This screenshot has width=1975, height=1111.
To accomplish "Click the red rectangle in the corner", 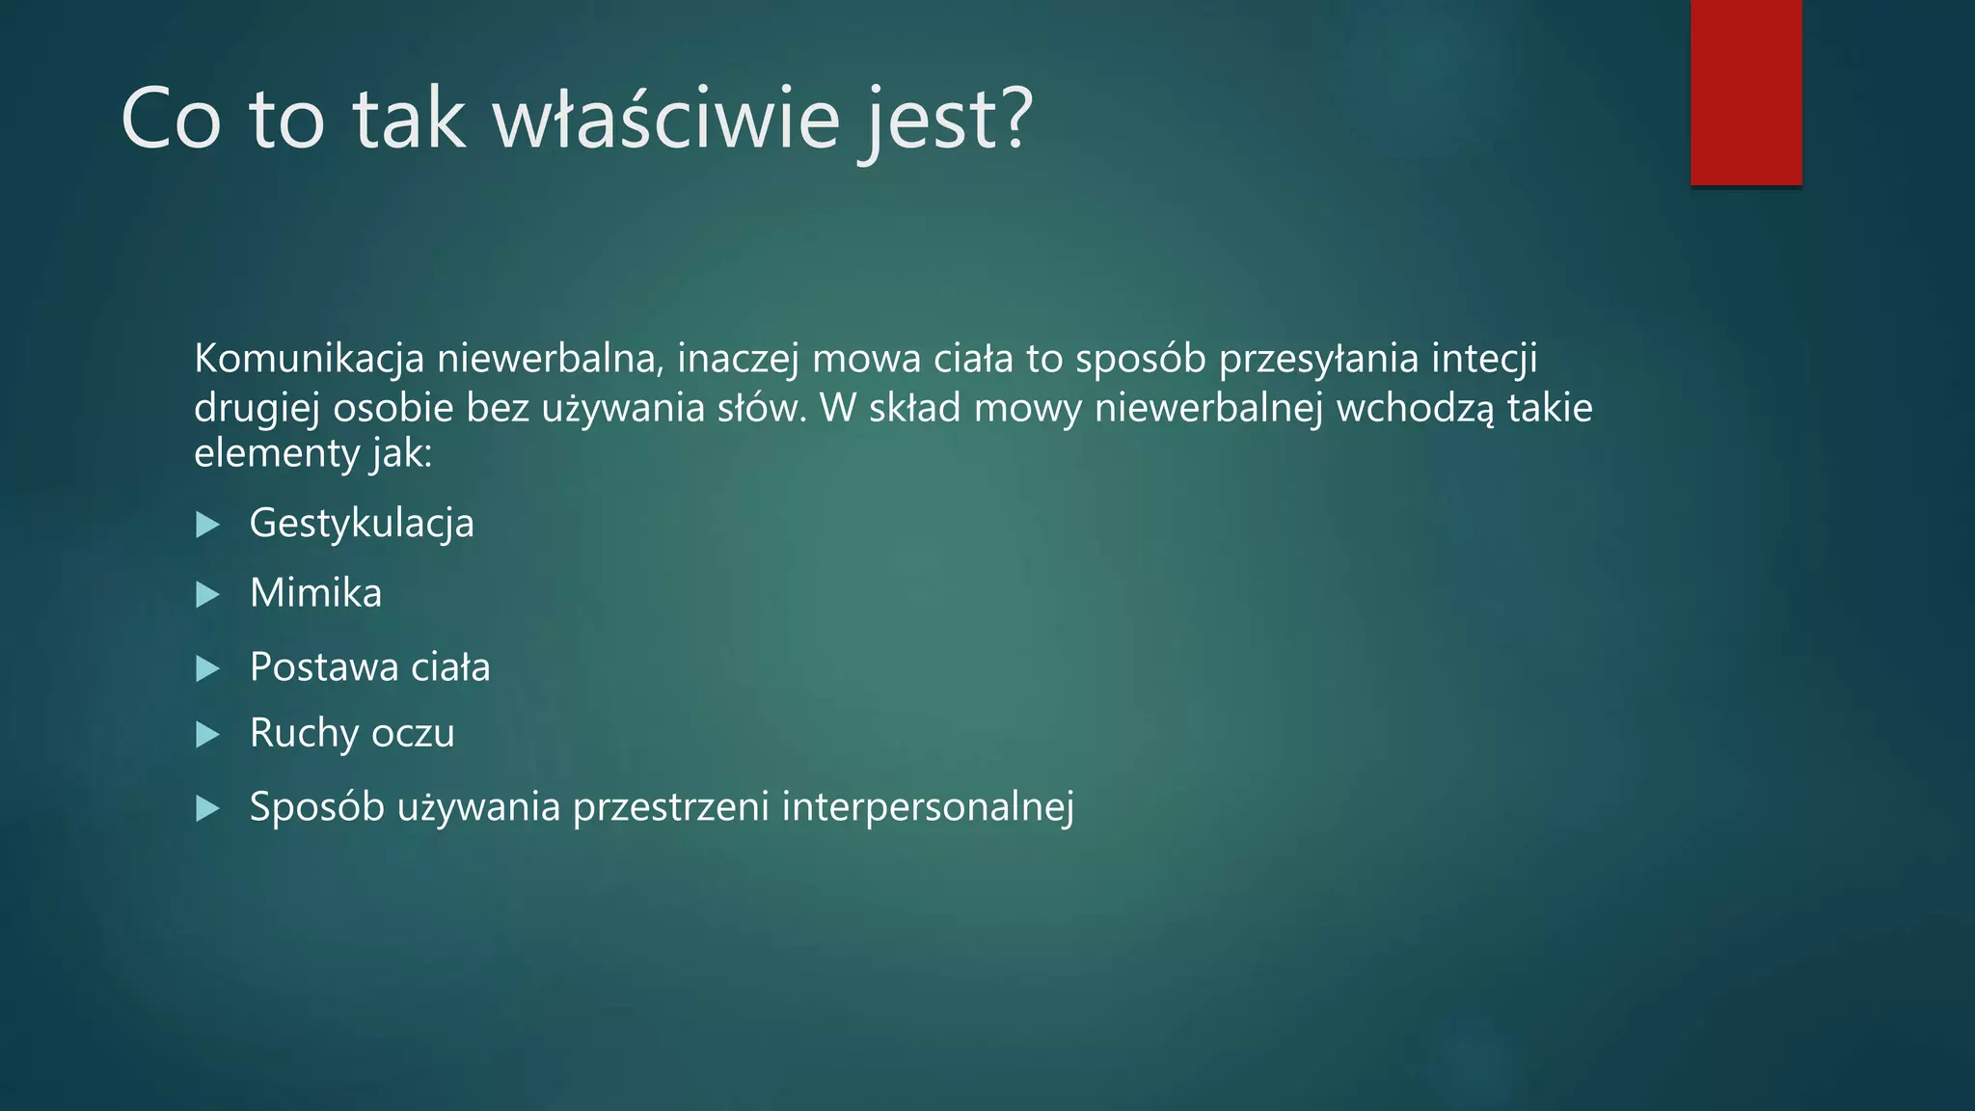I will coord(1745,93).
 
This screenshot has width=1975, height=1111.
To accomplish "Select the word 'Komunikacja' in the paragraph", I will coord(309,359).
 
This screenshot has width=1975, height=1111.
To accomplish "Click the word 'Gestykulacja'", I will coord(362,524).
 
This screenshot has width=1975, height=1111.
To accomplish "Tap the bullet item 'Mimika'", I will coord(315,593).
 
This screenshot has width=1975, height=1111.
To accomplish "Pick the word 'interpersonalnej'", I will coord(928,807).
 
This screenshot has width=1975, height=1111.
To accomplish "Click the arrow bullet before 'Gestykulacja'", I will coord(207,525).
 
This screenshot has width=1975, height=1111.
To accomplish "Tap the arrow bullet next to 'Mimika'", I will coord(207,594).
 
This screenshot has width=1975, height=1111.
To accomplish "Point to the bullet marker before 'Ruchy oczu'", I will coord(207,735).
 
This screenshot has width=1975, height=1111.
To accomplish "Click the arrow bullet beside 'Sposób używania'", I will coord(207,808).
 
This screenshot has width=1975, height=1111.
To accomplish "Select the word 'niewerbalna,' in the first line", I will coord(551,359).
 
